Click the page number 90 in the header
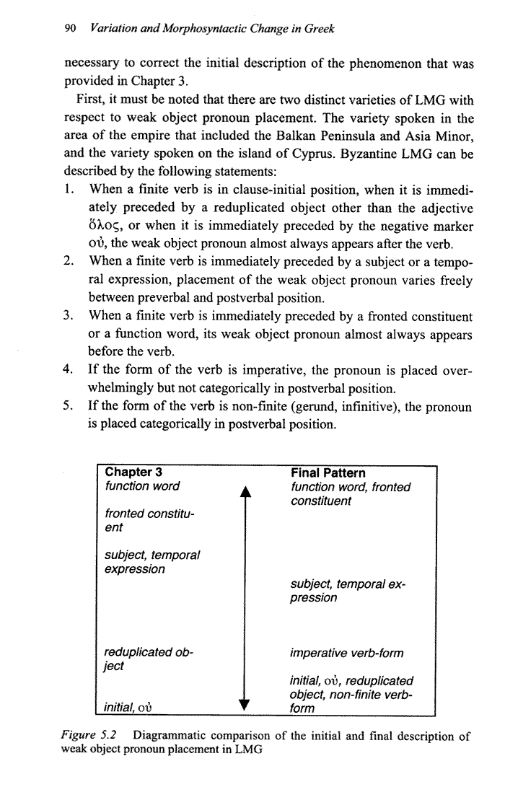pyautogui.click(x=70, y=29)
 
